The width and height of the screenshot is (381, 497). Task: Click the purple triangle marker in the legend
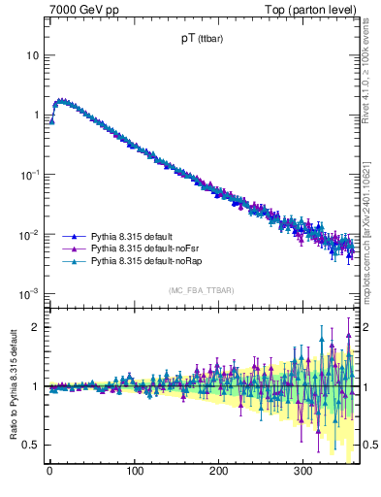click(x=75, y=249)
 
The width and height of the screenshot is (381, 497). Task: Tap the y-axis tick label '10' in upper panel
click(x=33, y=55)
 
